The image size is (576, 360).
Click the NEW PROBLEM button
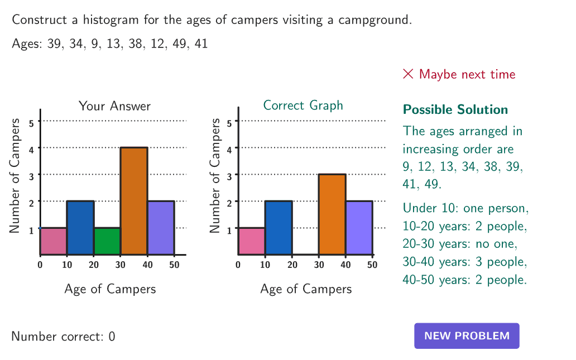coord(467,336)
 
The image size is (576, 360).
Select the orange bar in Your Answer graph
coord(134,201)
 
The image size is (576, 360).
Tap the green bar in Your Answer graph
coord(107,241)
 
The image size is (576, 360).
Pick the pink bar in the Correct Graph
coord(251,241)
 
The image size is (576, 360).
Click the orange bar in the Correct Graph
coord(332,214)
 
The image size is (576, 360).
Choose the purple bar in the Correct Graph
coord(359,228)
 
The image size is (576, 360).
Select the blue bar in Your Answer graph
coord(80,228)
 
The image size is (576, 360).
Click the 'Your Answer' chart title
coord(114,106)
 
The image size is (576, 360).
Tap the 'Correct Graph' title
coord(303,105)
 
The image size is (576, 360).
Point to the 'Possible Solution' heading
coord(455,109)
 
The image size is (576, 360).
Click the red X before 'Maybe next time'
coord(408,74)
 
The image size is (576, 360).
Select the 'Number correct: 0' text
coord(63,337)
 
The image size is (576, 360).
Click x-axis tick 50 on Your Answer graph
coord(174,265)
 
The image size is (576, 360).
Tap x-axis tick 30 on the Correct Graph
coord(319,265)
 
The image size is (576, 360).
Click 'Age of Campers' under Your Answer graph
coord(110,289)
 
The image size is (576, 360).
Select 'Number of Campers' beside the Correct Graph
coord(215,175)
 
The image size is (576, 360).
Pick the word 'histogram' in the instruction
coord(109,21)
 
